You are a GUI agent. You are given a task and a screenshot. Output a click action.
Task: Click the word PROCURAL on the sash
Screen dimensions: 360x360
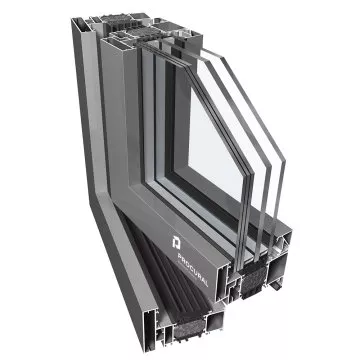click(193, 270)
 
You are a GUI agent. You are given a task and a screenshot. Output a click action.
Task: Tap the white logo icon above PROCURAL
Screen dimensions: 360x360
click(176, 242)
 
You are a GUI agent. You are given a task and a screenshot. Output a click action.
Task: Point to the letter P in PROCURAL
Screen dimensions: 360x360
click(180, 256)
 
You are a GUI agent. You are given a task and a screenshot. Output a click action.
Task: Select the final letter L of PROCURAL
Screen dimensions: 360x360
click(206, 283)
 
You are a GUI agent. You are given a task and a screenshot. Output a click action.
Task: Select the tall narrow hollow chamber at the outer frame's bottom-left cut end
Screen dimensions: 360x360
click(151, 329)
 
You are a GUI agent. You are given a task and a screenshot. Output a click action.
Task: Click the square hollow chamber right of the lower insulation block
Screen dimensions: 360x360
click(215, 322)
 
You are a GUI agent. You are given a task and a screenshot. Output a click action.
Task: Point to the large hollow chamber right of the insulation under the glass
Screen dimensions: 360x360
click(277, 267)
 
